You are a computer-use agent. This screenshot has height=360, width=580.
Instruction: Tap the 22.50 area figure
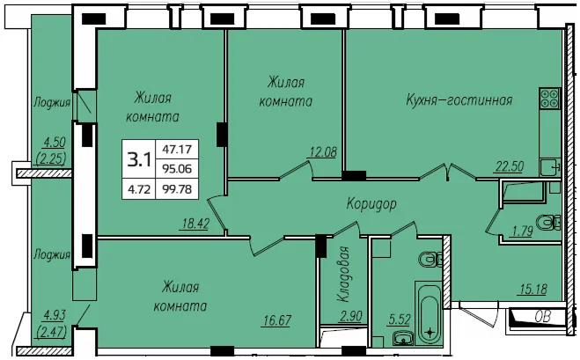pos(510,166)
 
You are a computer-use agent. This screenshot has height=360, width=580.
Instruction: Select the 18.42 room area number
pos(196,224)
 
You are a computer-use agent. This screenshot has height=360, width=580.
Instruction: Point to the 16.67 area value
pos(277,320)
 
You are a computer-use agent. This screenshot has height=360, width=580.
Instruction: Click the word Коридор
pos(371,203)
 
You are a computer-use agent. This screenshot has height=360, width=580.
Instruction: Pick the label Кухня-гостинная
pos(459,99)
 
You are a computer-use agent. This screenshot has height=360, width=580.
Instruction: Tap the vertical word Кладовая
pos(344,274)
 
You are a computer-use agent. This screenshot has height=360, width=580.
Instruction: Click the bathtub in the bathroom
pos(429,313)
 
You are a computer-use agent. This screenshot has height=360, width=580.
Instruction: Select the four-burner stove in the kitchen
pos(550,99)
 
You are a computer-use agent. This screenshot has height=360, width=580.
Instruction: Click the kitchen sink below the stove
pos(550,167)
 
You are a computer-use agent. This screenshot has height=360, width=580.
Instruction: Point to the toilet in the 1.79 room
pos(549,223)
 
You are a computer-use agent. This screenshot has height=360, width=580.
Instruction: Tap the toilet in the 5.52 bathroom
pos(431,260)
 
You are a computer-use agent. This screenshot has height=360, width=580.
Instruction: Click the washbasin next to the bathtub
pos(401,338)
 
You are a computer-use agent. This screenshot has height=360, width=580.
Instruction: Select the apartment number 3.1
pos(139,160)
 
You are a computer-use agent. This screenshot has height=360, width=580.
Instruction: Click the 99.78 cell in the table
pos(177,189)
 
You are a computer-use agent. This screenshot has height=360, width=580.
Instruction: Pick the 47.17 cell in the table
pos(177,149)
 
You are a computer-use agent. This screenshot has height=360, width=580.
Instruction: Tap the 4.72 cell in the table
pos(139,189)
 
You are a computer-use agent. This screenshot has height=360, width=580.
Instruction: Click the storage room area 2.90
pos(351,316)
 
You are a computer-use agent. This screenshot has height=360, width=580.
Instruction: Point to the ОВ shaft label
pos(543,317)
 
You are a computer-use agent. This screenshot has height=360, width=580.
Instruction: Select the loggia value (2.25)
pos(51,158)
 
